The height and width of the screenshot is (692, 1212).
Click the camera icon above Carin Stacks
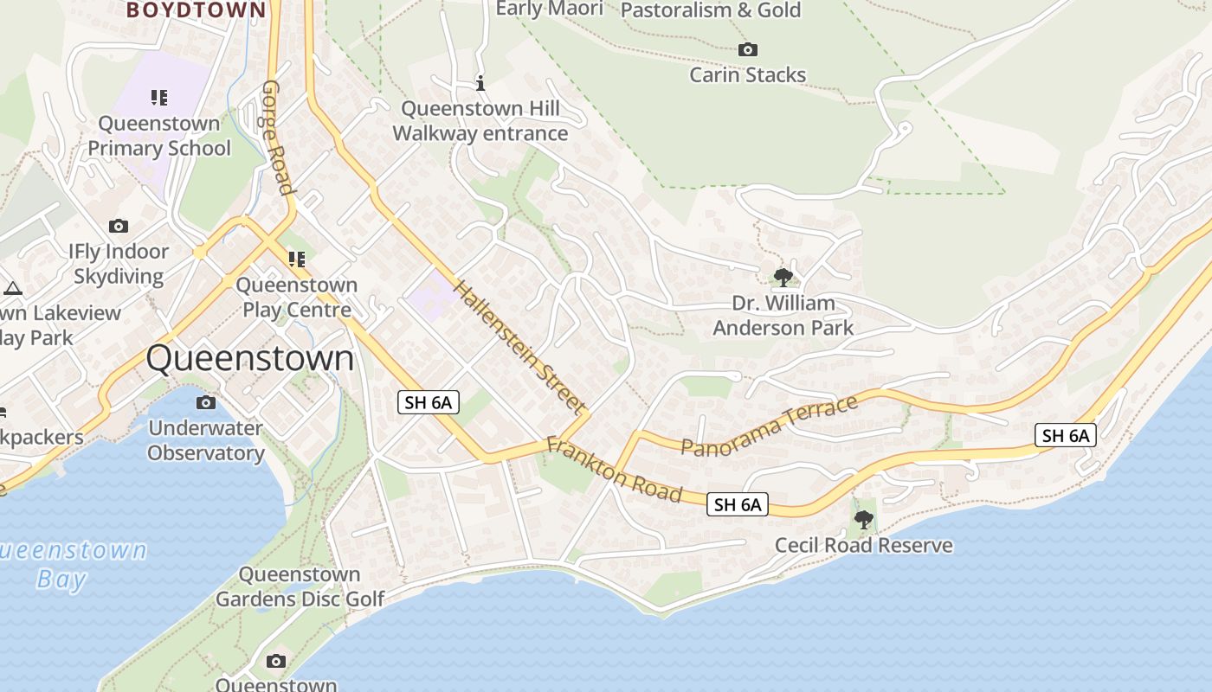748,50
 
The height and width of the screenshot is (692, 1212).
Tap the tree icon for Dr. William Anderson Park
783,278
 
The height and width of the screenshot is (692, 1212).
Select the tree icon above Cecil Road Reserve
863,520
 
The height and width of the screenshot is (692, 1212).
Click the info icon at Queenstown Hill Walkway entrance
480,83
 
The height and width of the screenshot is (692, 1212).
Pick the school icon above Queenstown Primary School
158,97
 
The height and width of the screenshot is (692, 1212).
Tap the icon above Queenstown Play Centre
297,259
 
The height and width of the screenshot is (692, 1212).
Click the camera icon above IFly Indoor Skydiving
119,227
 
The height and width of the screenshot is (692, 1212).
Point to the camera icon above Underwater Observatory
206,402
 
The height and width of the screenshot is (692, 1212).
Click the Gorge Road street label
276,138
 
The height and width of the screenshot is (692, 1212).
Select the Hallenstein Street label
520,346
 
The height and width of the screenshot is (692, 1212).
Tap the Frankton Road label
614,470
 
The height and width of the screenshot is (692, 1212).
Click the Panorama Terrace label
769,425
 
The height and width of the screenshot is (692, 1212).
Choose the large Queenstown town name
250,358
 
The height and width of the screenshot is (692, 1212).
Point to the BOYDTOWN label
196,10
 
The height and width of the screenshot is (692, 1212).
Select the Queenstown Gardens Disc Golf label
300,586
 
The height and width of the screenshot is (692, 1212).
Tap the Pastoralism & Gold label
712,10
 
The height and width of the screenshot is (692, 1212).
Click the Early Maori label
549,9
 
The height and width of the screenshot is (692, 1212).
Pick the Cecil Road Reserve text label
863,546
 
